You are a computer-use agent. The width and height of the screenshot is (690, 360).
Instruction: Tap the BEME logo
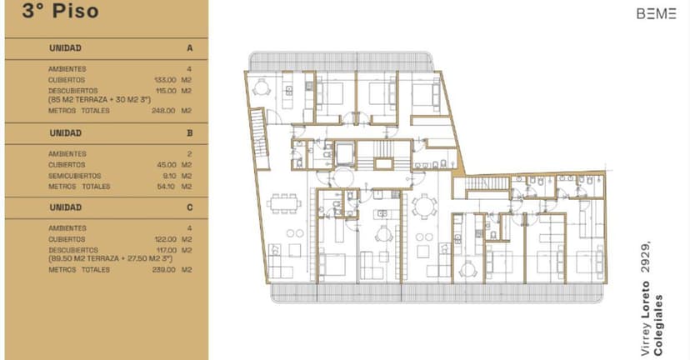pos(656,13)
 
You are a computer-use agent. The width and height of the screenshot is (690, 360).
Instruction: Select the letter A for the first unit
pos(190,48)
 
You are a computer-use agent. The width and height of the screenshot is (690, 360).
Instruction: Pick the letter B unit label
pos(190,132)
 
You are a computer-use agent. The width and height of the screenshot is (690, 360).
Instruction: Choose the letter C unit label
pos(190,207)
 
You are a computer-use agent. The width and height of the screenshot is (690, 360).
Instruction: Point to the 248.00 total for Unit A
pos(167,110)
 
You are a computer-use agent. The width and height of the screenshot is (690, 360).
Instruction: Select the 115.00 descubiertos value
pos(167,90)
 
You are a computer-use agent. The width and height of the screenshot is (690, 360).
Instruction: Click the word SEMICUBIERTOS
pos(75,176)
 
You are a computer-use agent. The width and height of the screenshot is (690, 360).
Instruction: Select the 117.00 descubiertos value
pos(167,249)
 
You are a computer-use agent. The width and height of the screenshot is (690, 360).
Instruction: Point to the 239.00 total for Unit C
pos(167,269)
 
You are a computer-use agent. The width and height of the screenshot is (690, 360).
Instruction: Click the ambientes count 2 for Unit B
pos(190,154)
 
